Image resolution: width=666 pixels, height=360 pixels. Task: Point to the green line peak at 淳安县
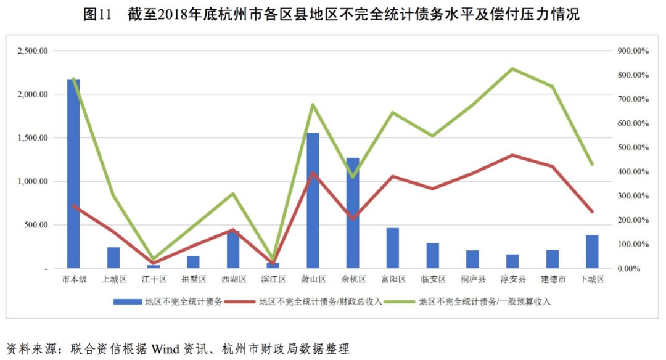click(x=512, y=68)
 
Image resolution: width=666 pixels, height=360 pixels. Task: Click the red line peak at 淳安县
click(x=512, y=155)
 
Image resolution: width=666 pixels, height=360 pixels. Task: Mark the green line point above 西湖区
click(x=233, y=194)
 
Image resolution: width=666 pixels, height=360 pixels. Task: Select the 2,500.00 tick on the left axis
click(x=33, y=51)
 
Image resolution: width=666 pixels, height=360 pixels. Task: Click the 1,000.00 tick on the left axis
click(x=33, y=182)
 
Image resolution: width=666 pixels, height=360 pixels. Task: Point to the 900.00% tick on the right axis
click(x=633, y=51)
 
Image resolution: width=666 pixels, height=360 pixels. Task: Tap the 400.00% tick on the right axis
click(x=633, y=172)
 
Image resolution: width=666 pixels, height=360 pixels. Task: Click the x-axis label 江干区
click(x=154, y=279)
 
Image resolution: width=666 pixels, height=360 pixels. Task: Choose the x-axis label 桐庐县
click(x=473, y=279)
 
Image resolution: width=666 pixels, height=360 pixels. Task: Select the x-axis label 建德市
click(x=553, y=279)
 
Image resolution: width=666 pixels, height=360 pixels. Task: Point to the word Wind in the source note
click(x=165, y=349)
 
